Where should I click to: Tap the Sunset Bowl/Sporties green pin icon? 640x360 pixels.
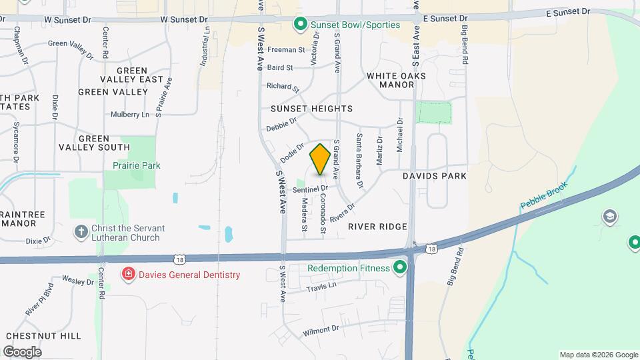coord(300,25)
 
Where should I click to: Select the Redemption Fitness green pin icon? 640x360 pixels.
coord(400,268)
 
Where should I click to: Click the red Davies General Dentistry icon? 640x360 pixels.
coord(127,274)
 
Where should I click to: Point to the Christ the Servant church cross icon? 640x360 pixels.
coord(81,232)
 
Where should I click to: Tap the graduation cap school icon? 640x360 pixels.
coord(609,217)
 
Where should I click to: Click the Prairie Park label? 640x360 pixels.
coord(136,165)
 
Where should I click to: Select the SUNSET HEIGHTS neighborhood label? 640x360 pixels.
coord(311,108)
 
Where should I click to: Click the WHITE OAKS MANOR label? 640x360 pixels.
coord(396,80)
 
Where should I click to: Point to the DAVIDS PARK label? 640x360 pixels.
coord(435,176)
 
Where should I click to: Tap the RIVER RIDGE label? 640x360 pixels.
coord(377,227)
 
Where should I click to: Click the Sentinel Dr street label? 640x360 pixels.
coord(310,189)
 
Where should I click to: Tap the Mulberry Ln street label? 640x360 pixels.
coord(130,115)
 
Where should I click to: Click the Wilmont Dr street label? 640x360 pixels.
coord(321,330)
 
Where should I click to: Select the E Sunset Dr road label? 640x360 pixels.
coord(568,12)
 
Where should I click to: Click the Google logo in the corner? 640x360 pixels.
coord(22,351)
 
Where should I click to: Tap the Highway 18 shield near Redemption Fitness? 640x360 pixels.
coord(432,248)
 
